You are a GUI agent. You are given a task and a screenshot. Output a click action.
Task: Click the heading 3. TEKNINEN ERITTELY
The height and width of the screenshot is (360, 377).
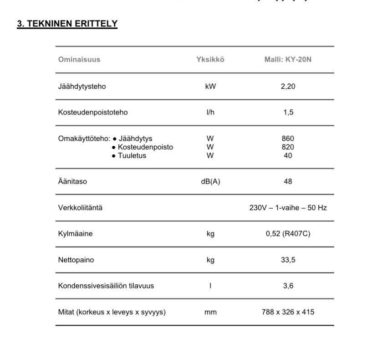pyautogui.click(x=67, y=24)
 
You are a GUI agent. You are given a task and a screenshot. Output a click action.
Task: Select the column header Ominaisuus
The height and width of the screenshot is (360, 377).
pyautogui.click(x=79, y=60)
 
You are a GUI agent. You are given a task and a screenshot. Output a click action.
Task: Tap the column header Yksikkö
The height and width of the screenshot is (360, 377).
pyautogui.click(x=210, y=60)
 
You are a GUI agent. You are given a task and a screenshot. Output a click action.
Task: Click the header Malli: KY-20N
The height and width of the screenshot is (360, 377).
pyautogui.click(x=288, y=60)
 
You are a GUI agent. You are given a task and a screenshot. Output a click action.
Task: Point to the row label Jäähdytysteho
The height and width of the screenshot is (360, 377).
pyautogui.click(x=82, y=87)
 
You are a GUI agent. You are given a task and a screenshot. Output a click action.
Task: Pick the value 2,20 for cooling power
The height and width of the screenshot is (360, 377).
pyautogui.click(x=288, y=87)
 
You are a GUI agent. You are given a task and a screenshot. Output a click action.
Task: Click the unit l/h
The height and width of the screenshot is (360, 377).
pyautogui.click(x=210, y=113)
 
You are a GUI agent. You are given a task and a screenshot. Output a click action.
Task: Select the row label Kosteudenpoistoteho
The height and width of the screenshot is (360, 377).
pyautogui.click(x=93, y=113)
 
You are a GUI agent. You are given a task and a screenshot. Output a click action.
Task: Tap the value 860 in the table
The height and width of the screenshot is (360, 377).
pyautogui.click(x=288, y=139)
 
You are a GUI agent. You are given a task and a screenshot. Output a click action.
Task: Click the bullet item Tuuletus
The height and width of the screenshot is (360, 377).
pyautogui.click(x=132, y=156)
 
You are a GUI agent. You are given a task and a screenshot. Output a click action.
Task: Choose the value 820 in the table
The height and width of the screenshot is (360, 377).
pyautogui.click(x=288, y=147)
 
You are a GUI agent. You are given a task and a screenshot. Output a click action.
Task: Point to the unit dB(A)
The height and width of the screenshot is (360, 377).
pyautogui.click(x=210, y=181)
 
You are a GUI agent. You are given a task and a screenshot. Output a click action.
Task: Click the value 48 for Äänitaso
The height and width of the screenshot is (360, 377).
pyautogui.click(x=288, y=181)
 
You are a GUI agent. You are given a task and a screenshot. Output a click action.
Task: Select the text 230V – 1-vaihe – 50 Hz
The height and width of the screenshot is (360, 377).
pyautogui.click(x=288, y=208)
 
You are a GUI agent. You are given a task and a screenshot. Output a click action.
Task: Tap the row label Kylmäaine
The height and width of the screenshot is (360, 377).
pyautogui.click(x=75, y=234)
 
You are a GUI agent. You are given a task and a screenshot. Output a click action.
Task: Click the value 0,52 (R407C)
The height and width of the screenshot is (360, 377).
pyautogui.click(x=288, y=234)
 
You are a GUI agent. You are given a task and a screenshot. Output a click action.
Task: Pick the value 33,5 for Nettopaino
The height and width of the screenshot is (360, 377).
pyautogui.click(x=288, y=260)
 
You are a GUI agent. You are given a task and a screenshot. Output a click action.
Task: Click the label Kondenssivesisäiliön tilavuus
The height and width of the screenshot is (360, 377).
pyautogui.click(x=106, y=286)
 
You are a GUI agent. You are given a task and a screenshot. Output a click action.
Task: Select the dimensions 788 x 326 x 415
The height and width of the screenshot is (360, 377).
pyautogui.click(x=288, y=312)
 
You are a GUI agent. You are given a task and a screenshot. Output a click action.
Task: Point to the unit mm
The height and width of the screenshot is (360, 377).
pyautogui.click(x=210, y=312)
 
